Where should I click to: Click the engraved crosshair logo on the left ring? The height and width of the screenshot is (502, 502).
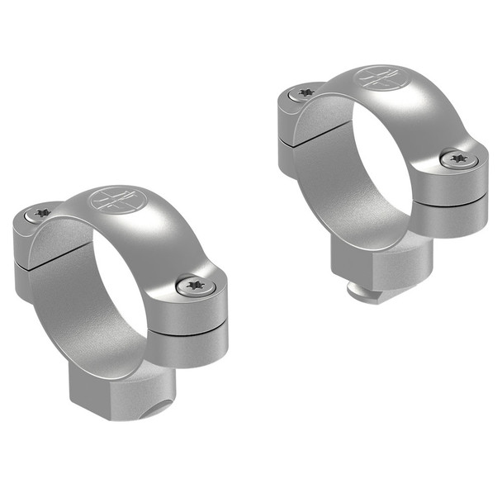tap(115, 200)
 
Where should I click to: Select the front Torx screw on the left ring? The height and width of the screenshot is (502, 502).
tap(196, 287)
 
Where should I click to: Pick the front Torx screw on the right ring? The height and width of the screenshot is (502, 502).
tap(458, 159)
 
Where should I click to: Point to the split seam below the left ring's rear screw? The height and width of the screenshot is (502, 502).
tap(33, 263)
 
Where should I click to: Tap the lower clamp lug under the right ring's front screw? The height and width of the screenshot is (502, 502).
tap(450, 216)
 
